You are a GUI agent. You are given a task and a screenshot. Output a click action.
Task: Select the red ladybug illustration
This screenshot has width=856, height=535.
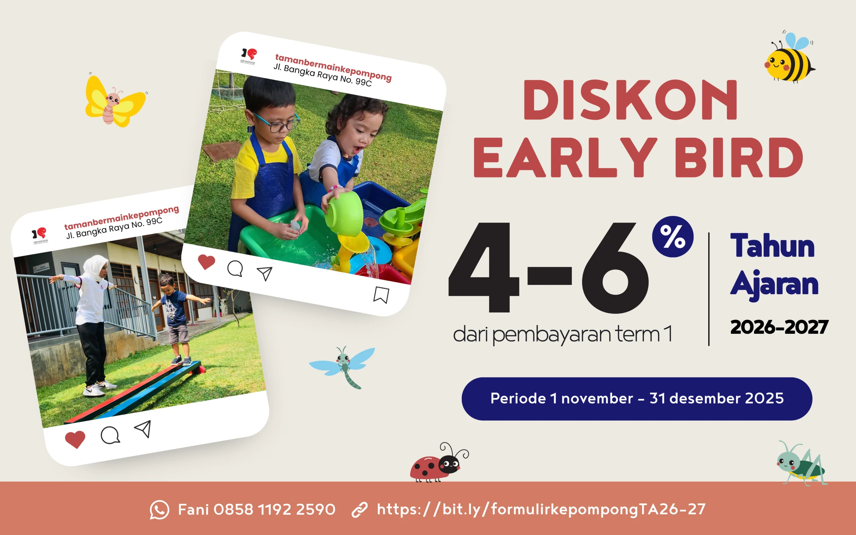pos(439,463)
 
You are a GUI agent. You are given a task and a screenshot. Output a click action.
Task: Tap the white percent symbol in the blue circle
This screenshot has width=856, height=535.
pos(673,237)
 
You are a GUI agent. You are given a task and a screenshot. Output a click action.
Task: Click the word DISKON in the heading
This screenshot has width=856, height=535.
pos(630,100)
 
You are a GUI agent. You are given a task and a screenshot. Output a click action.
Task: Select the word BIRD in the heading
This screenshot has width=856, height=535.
pos(738,157)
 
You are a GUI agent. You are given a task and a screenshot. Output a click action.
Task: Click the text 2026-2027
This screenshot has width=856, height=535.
pos(779,327)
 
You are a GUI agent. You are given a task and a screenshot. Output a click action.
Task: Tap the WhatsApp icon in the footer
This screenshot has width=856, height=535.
pos(160,510)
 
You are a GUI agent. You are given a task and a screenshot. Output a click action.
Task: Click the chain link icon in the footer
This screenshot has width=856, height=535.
pos(360,510)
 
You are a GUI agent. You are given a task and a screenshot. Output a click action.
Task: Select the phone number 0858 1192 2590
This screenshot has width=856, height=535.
pos(274,509)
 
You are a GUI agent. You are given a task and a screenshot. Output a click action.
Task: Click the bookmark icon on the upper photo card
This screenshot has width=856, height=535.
pos(381,295)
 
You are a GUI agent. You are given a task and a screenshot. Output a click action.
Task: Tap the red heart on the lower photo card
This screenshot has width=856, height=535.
pos(75,440)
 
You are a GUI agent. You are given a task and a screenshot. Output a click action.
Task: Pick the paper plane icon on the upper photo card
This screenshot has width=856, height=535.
pos(265,274)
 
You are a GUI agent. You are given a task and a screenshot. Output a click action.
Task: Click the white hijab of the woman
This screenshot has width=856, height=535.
pos(95,267)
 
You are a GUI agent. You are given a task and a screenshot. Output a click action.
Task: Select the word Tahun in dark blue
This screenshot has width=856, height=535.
pos(773,246)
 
